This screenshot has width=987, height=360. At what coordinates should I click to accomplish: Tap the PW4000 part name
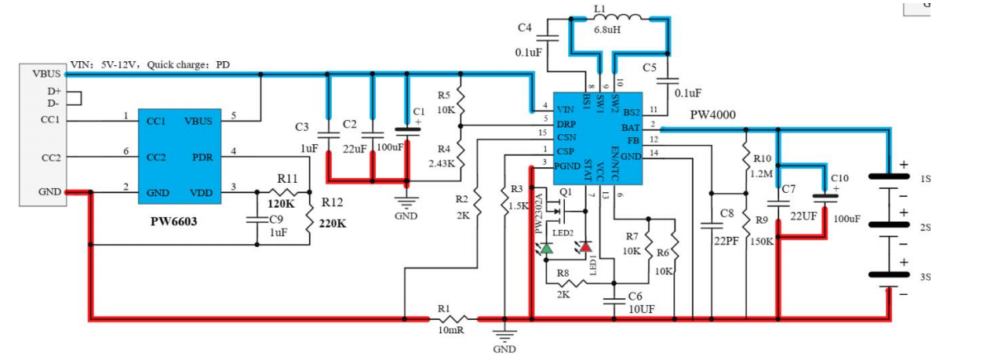(712, 115)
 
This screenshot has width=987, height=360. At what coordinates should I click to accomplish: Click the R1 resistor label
(444, 308)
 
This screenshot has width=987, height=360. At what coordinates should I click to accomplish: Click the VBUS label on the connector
(46, 74)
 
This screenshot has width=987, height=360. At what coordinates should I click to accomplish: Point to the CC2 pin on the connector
(51, 158)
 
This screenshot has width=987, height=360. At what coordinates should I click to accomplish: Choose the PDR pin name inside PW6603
(200, 157)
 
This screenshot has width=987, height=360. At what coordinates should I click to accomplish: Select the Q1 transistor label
(566, 192)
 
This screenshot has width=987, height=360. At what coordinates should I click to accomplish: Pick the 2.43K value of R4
(440, 163)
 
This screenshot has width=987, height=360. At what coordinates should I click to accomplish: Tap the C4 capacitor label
(525, 28)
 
